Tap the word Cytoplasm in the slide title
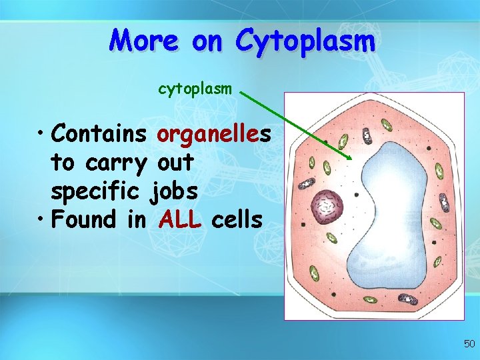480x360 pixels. click(x=305, y=41)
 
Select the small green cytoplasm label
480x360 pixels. click(x=195, y=89)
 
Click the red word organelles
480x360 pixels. click(x=213, y=135)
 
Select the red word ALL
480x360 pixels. click(x=180, y=219)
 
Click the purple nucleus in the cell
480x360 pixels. click(x=327, y=206)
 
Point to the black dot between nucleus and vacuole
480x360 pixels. click(x=357, y=195)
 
